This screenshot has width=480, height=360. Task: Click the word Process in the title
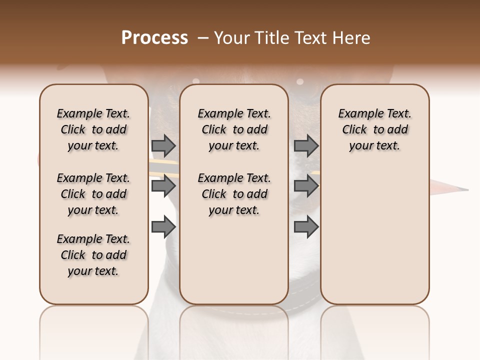[154, 38]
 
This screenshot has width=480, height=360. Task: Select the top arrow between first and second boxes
[163, 145]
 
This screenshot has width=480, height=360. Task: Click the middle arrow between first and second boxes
[163, 186]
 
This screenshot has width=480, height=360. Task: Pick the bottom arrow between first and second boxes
[163, 227]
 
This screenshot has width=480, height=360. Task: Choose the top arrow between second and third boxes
[306, 145]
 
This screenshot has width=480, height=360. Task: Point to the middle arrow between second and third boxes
[306, 186]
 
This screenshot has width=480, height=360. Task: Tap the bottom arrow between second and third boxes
[306, 227]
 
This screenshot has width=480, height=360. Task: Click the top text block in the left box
[93, 129]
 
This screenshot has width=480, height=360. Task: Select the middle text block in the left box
[93, 194]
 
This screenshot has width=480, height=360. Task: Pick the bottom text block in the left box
[93, 255]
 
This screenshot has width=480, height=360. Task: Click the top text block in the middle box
[234, 129]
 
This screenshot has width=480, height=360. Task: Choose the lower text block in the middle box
[234, 194]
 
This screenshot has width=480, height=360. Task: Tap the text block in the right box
[375, 129]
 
